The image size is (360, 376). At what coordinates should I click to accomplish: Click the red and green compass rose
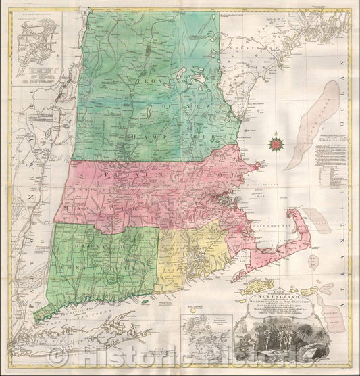276,143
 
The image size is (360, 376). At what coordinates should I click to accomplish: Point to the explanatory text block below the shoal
325,162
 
